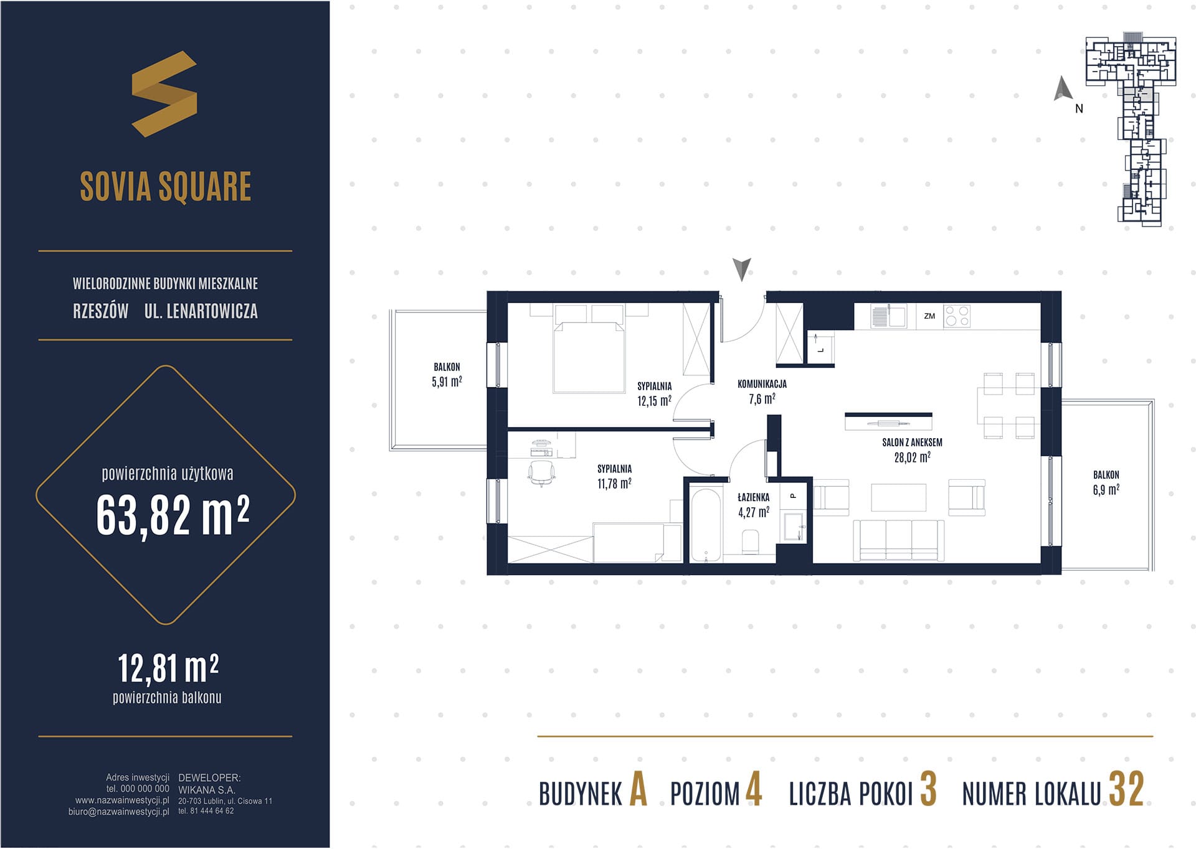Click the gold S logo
coord(164,94)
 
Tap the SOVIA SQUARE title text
coord(166,186)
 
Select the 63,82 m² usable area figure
coord(173,515)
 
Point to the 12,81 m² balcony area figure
coord(168,668)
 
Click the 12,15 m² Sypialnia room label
coord(654,394)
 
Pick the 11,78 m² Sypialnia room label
coord(614,477)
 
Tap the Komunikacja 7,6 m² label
coord(762,392)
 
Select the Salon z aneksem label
coord(912,450)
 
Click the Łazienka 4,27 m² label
coord(754,505)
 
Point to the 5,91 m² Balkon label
coord(447,375)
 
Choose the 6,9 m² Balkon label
coord(1106,482)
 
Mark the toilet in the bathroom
coord(751,542)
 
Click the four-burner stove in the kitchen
coord(957,316)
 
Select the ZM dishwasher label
coord(929,316)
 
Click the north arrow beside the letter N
coord(1062,88)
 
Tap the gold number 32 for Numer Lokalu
coord(1126,789)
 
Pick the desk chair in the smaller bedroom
coord(541,473)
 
